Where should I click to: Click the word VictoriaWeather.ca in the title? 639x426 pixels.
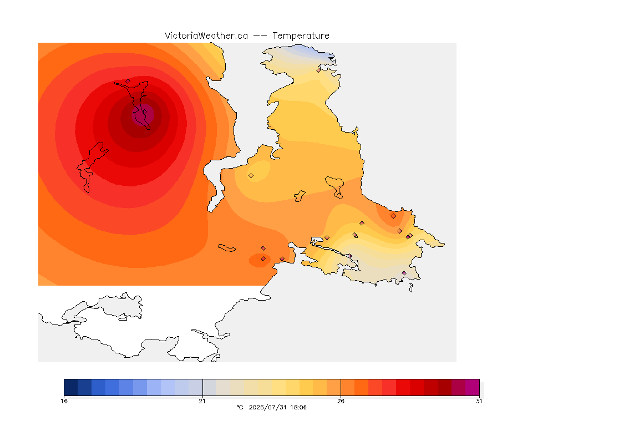[206, 36]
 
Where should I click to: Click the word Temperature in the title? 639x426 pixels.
[301, 36]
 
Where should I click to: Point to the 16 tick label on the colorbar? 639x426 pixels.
[64, 401]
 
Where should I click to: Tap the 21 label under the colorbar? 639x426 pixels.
[202, 401]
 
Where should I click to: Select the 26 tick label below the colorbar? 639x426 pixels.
[341, 401]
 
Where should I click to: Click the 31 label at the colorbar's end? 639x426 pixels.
[479, 401]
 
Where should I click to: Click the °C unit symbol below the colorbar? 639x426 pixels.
[240, 407]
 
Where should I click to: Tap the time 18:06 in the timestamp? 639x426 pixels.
[299, 407]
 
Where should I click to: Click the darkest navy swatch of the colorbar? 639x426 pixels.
[71, 387]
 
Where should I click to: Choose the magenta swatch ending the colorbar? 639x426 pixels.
[473, 387]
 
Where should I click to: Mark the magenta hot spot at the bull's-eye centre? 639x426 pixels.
[143, 115]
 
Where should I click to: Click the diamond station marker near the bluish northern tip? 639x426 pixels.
[319, 70]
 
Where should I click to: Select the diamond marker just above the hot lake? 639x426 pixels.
[128, 81]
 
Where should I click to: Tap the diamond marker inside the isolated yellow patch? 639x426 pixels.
[251, 176]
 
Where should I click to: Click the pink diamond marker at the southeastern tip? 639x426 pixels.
[404, 273]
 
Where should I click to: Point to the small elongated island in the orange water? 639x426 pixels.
[227, 248]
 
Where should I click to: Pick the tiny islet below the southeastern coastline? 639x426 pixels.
[411, 288]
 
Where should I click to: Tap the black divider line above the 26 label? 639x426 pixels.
[341, 387]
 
